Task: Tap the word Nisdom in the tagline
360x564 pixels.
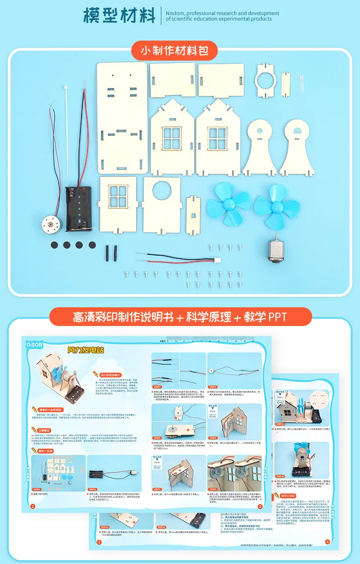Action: pos(176,13)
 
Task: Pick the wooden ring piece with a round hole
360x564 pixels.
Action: pos(264,81)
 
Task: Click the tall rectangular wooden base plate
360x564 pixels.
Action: pos(122,117)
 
